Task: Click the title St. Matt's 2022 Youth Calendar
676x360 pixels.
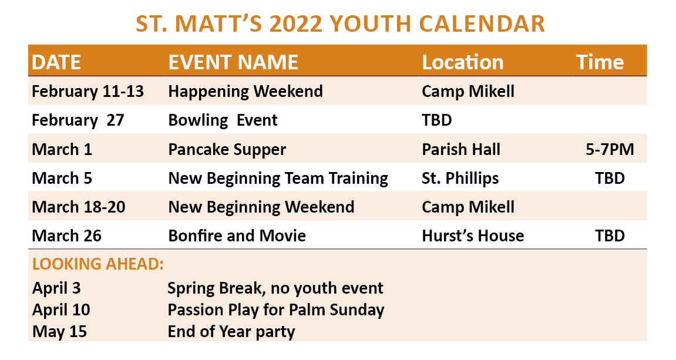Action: (340, 23)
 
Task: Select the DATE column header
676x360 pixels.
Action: (56, 62)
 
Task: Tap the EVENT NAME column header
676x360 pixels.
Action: (233, 62)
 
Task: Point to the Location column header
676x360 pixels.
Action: (463, 62)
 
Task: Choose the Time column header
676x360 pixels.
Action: (600, 62)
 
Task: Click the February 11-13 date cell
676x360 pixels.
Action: (88, 92)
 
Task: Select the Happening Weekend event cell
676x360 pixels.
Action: (245, 92)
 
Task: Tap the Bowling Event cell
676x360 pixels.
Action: (223, 120)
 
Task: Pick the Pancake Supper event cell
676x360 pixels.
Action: (227, 150)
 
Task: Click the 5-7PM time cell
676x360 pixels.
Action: (610, 150)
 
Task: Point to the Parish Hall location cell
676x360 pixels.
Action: (461, 150)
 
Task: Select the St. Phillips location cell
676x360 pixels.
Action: (460, 179)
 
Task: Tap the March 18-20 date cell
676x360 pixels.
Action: (79, 207)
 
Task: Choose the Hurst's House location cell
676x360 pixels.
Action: (473, 236)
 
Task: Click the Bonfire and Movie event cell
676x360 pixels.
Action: (237, 236)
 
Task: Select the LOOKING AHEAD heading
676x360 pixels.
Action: (98, 264)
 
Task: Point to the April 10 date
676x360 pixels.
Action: (61, 310)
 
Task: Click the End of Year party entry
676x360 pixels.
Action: (231, 332)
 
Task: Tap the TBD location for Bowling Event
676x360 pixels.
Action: (437, 120)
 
